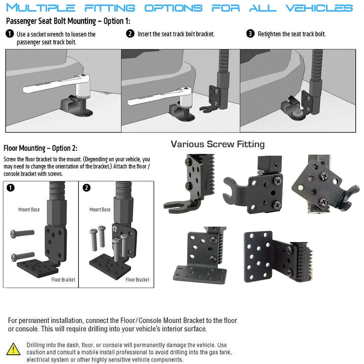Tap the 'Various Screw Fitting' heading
pyautogui.click(x=218, y=144)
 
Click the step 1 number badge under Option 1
pyautogui.click(x=10, y=34)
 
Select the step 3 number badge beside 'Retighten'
pyautogui.click(x=250, y=34)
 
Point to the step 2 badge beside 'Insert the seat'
pyautogui.click(x=130, y=34)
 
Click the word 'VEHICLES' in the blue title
pyautogui.click(x=319, y=8)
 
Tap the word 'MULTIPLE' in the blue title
pyautogui.click(x=41, y=8)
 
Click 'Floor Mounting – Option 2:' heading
pyautogui.click(x=40, y=148)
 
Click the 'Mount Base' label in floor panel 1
pyautogui.click(x=29, y=209)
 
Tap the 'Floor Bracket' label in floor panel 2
pyautogui.click(x=137, y=279)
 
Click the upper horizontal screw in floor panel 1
pyautogui.click(x=22, y=233)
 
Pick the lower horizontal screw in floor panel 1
pyautogui.click(x=22, y=256)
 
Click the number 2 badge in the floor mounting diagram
pyautogui.click(x=87, y=188)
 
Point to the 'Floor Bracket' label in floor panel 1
pyautogui.click(x=63, y=279)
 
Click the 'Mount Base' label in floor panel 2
pyautogui.click(x=100, y=209)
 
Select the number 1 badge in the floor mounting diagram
pyautogui.click(x=10, y=188)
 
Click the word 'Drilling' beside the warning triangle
pyautogui.click(x=36, y=345)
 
